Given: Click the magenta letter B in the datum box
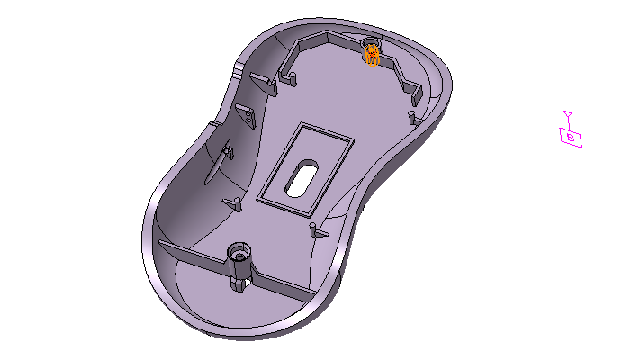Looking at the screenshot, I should (x=571, y=138).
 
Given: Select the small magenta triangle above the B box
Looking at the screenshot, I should (x=567, y=114).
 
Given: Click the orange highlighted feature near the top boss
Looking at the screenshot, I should (x=371, y=56).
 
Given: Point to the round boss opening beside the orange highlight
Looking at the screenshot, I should (x=371, y=43).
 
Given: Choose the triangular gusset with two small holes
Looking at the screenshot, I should (x=244, y=114).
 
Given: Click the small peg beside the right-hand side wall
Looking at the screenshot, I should (x=412, y=118).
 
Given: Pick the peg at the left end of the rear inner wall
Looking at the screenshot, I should (x=292, y=78).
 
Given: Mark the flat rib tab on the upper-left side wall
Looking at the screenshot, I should (x=269, y=86).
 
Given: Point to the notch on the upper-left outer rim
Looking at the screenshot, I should (x=236, y=69).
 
